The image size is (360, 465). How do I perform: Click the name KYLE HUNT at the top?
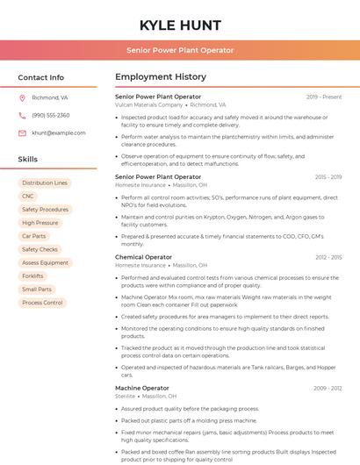point(180,25)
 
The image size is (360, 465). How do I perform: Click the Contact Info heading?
point(41,77)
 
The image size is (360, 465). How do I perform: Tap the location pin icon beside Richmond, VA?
point(22,98)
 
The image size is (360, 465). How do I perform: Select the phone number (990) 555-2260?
point(50,115)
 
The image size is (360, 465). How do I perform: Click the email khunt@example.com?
point(53,132)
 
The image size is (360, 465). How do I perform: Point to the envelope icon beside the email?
point(22,132)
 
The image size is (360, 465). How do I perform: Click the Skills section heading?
point(28,160)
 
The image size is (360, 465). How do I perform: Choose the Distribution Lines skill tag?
point(45,183)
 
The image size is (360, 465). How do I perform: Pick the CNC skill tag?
point(28,197)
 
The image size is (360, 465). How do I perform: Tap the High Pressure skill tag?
point(40,223)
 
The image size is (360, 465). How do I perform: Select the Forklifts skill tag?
point(32,275)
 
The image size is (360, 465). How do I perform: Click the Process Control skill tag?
point(42,303)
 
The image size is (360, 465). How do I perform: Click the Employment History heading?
point(161,77)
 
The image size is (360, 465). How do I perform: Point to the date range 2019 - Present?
point(324,97)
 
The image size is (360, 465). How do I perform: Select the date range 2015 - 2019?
point(328,177)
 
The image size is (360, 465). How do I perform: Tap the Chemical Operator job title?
point(143,257)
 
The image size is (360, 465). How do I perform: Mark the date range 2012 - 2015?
point(328,257)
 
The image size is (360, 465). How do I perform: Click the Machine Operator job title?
point(142,388)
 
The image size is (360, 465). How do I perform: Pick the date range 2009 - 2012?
point(328,388)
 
